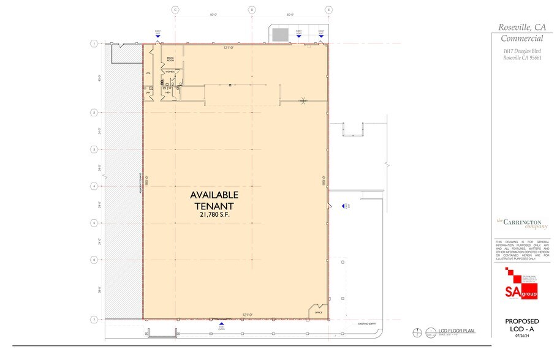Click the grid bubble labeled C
[x=175, y=10]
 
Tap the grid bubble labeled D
[x=252, y=10]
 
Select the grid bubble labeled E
[x=329, y=10]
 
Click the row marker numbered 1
[x=94, y=43]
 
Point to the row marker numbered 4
[x=94, y=186]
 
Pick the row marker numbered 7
[x=94, y=320]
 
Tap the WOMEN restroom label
[x=169, y=72]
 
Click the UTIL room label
[x=148, y=73]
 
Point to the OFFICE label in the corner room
[x=318, y=312]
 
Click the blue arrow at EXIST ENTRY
[x=222, y=322]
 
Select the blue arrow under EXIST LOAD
[x=299, y=36]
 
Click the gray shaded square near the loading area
[x=281, y=35]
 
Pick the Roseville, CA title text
[x=522, y=26]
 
